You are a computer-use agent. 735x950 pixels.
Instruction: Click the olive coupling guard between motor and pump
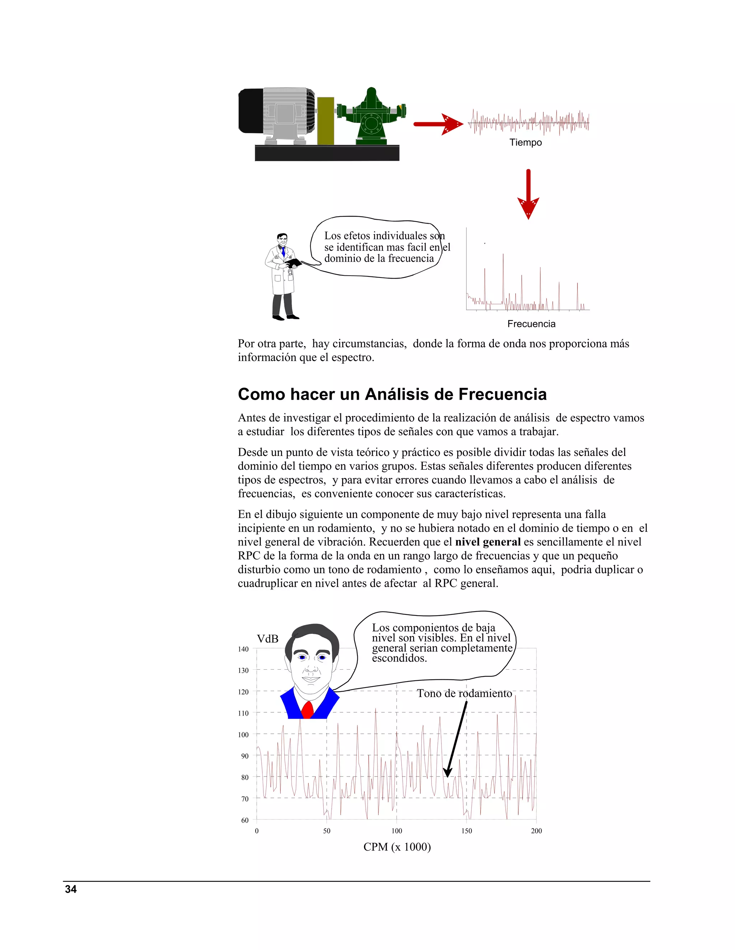tap(325, 120)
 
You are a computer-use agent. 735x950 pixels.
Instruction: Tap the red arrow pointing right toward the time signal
tap(437, 124)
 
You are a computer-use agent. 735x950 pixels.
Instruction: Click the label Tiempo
tap(525, 143)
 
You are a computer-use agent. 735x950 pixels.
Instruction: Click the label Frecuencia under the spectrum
tap(531, 324)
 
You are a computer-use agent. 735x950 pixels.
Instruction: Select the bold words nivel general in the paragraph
tap(488, 542)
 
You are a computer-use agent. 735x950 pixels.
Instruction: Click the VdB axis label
tap(267, 639)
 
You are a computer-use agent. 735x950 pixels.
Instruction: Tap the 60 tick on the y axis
tap(245, 820)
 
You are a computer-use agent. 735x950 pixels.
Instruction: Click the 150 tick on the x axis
tap(466, 831)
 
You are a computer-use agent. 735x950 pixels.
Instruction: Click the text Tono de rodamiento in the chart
tap(464, 693)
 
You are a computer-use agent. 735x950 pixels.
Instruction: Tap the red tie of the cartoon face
tap(308, 710)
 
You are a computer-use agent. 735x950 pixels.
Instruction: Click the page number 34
tap(71, 889)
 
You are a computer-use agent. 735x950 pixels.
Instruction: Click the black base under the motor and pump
tap(327, 153)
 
